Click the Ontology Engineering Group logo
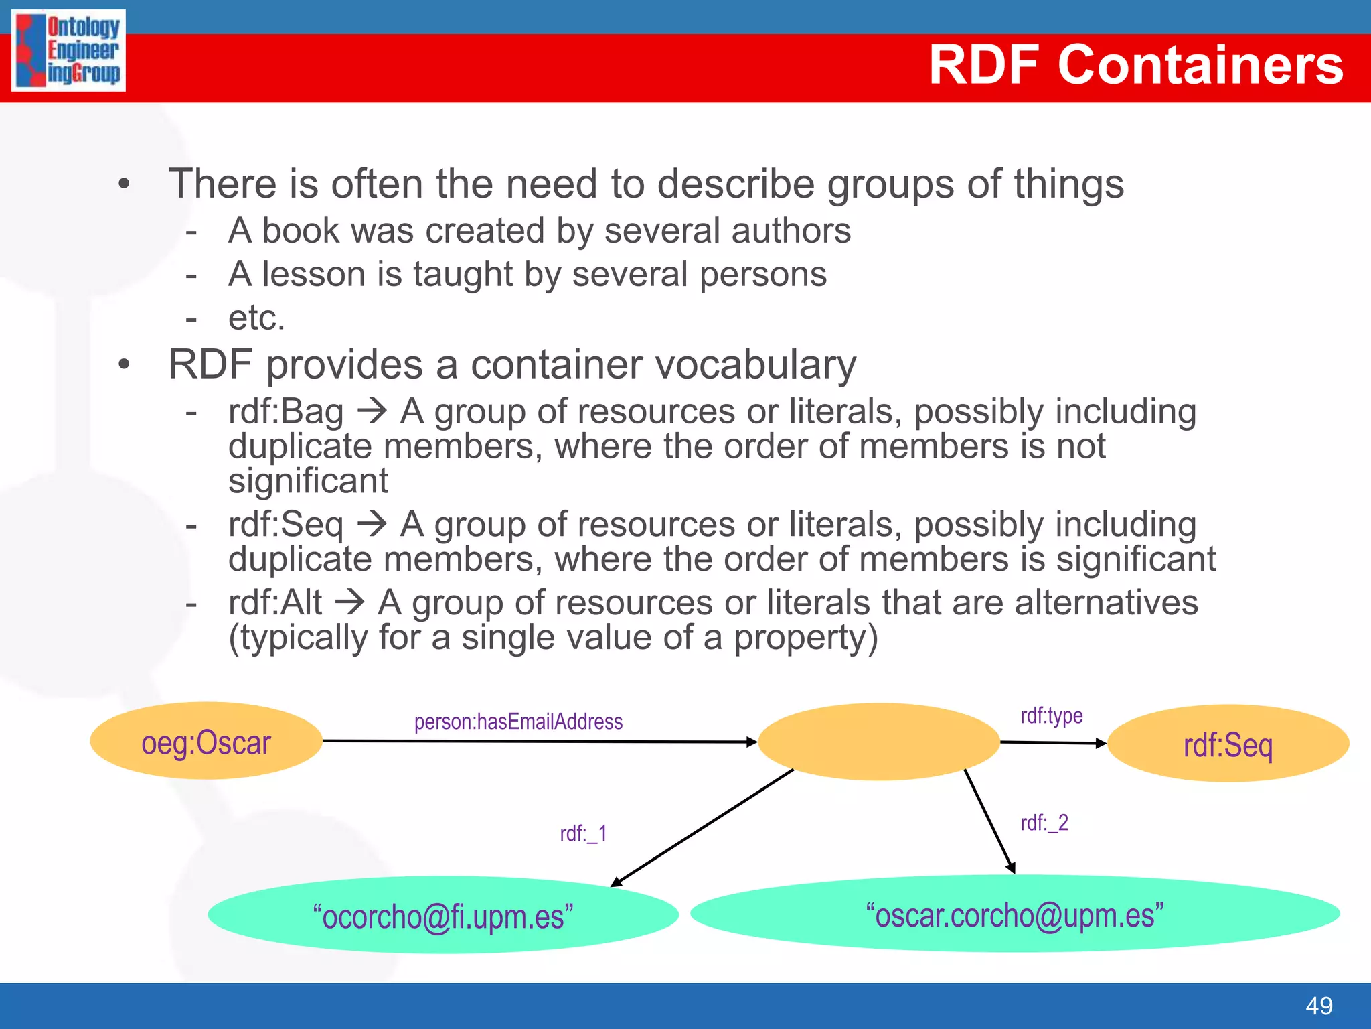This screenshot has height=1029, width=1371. [x=68, y=51]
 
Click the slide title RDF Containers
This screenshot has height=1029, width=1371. [x=1135, y=65]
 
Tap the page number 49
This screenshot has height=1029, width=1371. [x=1319, y=1006]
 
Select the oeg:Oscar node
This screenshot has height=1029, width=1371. [x=206, y=741]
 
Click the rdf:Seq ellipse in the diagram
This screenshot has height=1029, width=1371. [x=1228, y=744]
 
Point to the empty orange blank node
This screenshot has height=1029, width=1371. [x=878, y=741]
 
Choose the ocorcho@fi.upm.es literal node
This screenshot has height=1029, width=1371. [x=443, y=915]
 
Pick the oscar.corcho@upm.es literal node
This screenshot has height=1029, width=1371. [x=1015, y=914]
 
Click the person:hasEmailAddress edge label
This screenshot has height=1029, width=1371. [x=518, y=722]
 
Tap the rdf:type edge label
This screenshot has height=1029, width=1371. [x=1051, y=715]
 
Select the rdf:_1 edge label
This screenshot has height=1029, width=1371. [x=583, y=833]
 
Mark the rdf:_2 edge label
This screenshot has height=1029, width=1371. [x=1044, y=823]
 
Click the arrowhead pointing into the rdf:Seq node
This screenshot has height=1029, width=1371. [x=1101, y=743]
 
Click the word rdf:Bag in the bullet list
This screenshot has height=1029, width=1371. [x=286, y=411]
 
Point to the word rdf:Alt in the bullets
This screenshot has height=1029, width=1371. [x=275, y=602]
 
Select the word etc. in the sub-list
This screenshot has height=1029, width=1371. [x=256, y=318]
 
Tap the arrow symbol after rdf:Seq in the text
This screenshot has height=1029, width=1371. [x=372, y=524]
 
